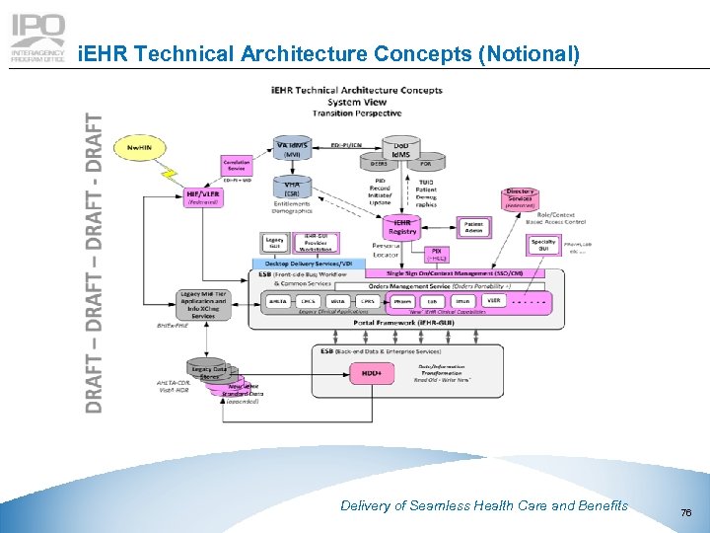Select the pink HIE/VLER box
click(203, 197)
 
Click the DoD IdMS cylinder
click(401, 148)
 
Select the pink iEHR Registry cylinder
click(402, 227)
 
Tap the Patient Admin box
click(473, 228)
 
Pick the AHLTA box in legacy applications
click(279, 301)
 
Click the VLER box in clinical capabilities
click(493, 301)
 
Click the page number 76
click(686, 510)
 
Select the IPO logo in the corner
click(37, 38)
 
